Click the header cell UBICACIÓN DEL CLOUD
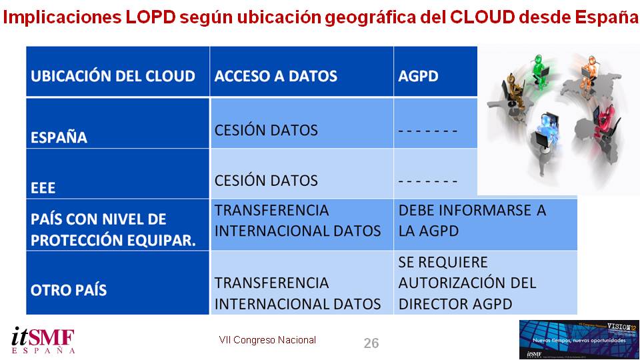pos(113,75)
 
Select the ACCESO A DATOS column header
pos(275,75)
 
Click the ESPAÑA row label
pos(59,138)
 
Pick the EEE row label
pos(43,188)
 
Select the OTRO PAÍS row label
pos(69,291)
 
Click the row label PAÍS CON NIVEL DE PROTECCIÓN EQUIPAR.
pos(113,229)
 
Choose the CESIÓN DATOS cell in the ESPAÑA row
pos(266,130)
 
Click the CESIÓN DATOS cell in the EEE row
pos(266,180)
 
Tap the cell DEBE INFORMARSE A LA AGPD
pos(472,221)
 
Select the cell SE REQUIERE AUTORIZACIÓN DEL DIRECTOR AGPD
pos(467,283)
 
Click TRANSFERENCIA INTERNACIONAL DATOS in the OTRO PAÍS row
pos(297,293)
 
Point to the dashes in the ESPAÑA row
pos(427,131)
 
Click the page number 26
pos(371,343)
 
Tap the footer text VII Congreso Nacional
pos(267,340)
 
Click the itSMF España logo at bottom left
pos(43,340)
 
